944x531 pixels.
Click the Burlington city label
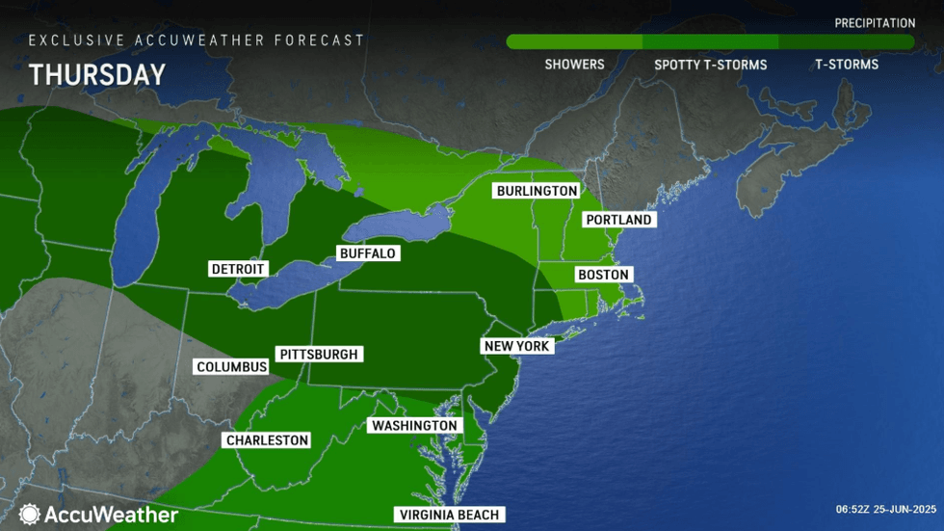point(537,191)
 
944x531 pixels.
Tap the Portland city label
point(618,220)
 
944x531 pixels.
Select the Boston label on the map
point(603,275)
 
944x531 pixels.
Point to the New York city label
point(517,346)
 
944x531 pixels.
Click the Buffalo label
point(367,253)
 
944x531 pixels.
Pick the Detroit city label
point(238,269)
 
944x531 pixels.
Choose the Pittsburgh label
point(318,355)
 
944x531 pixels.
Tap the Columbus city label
point(231,367)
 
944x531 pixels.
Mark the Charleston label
point(267,440)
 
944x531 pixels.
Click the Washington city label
point(414,426)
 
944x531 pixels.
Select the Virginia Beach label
point(450,515)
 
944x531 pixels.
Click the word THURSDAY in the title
point(96,75)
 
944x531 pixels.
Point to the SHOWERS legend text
point(574,65)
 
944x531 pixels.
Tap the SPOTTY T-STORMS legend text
point(710,65)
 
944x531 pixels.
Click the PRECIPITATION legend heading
point(875,23)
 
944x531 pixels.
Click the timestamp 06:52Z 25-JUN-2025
point(885,510)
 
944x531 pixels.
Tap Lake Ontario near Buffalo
point(395,227)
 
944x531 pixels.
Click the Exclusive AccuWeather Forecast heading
point(197,40)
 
